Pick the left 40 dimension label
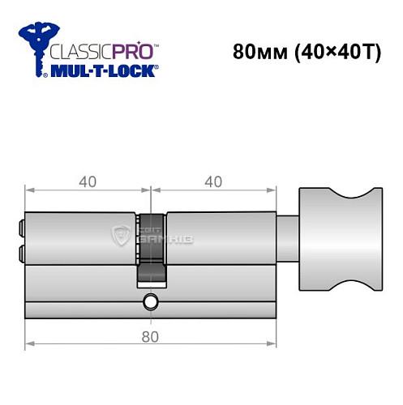[x=88, y=181]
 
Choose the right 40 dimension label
[x=214, y=181]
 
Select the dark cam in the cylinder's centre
[x=151, y=248]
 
